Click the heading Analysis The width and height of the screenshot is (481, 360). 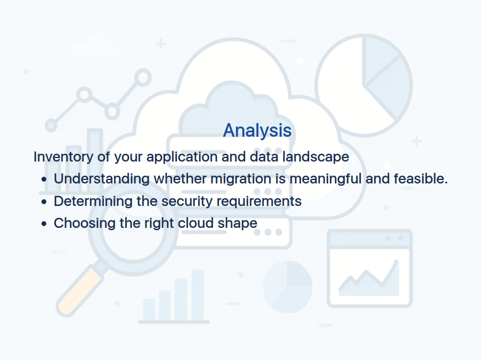click(257, 130)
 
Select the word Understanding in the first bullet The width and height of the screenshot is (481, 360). click(102, 179)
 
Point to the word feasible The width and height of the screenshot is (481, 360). click(420, 179)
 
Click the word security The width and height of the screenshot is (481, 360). click(187, 201)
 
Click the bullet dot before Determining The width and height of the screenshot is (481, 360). click(44, 202)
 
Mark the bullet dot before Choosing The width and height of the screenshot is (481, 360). click(44, 224)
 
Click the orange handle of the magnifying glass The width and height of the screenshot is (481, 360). click(79, 291)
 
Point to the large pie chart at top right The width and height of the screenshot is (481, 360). click(364, 85)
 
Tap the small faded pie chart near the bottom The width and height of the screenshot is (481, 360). click(288, 287)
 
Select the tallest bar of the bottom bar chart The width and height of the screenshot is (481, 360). click(198, 295)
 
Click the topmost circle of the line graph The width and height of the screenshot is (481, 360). click(142, 78)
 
